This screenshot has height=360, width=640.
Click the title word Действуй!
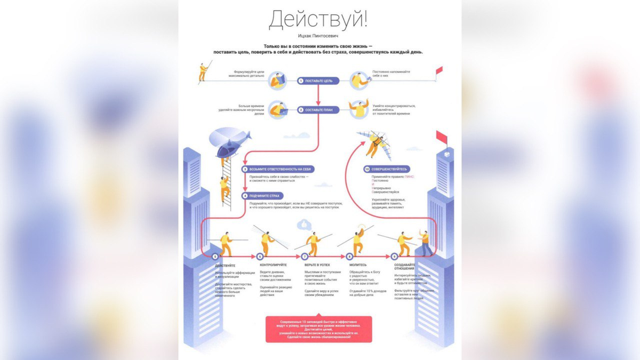coord(318,20)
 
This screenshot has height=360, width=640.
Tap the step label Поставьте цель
coord(318,81)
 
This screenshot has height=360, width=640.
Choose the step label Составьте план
coord(318,110)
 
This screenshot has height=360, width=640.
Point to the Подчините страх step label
coord(263,196)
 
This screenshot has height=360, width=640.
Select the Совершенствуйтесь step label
coord(389,169)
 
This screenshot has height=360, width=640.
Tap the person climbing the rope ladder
coord(225,187)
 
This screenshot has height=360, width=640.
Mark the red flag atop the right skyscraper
coord(442,138)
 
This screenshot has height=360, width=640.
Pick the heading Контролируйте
coord(273,265)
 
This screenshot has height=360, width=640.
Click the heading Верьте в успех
coord(317,265)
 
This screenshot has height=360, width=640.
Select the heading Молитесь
coord(358,265)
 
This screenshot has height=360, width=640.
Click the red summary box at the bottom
coord(319,329)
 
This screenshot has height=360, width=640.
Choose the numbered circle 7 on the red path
coord(306,257)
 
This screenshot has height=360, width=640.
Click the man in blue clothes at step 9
coord(425,243)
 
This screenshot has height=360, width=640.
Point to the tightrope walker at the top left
coord(203,72)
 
